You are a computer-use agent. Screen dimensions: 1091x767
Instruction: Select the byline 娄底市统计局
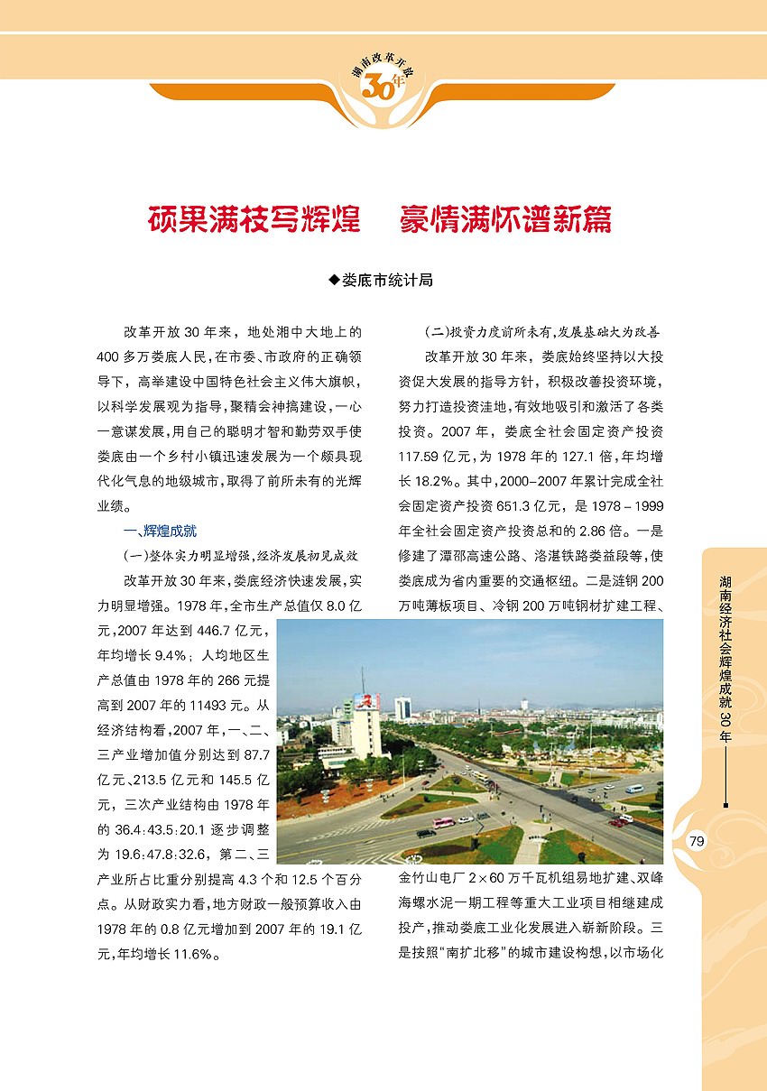pyautogui.click(x=388, y=281)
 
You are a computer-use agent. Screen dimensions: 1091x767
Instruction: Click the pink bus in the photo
pyautogui.click(x=442, y=823)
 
